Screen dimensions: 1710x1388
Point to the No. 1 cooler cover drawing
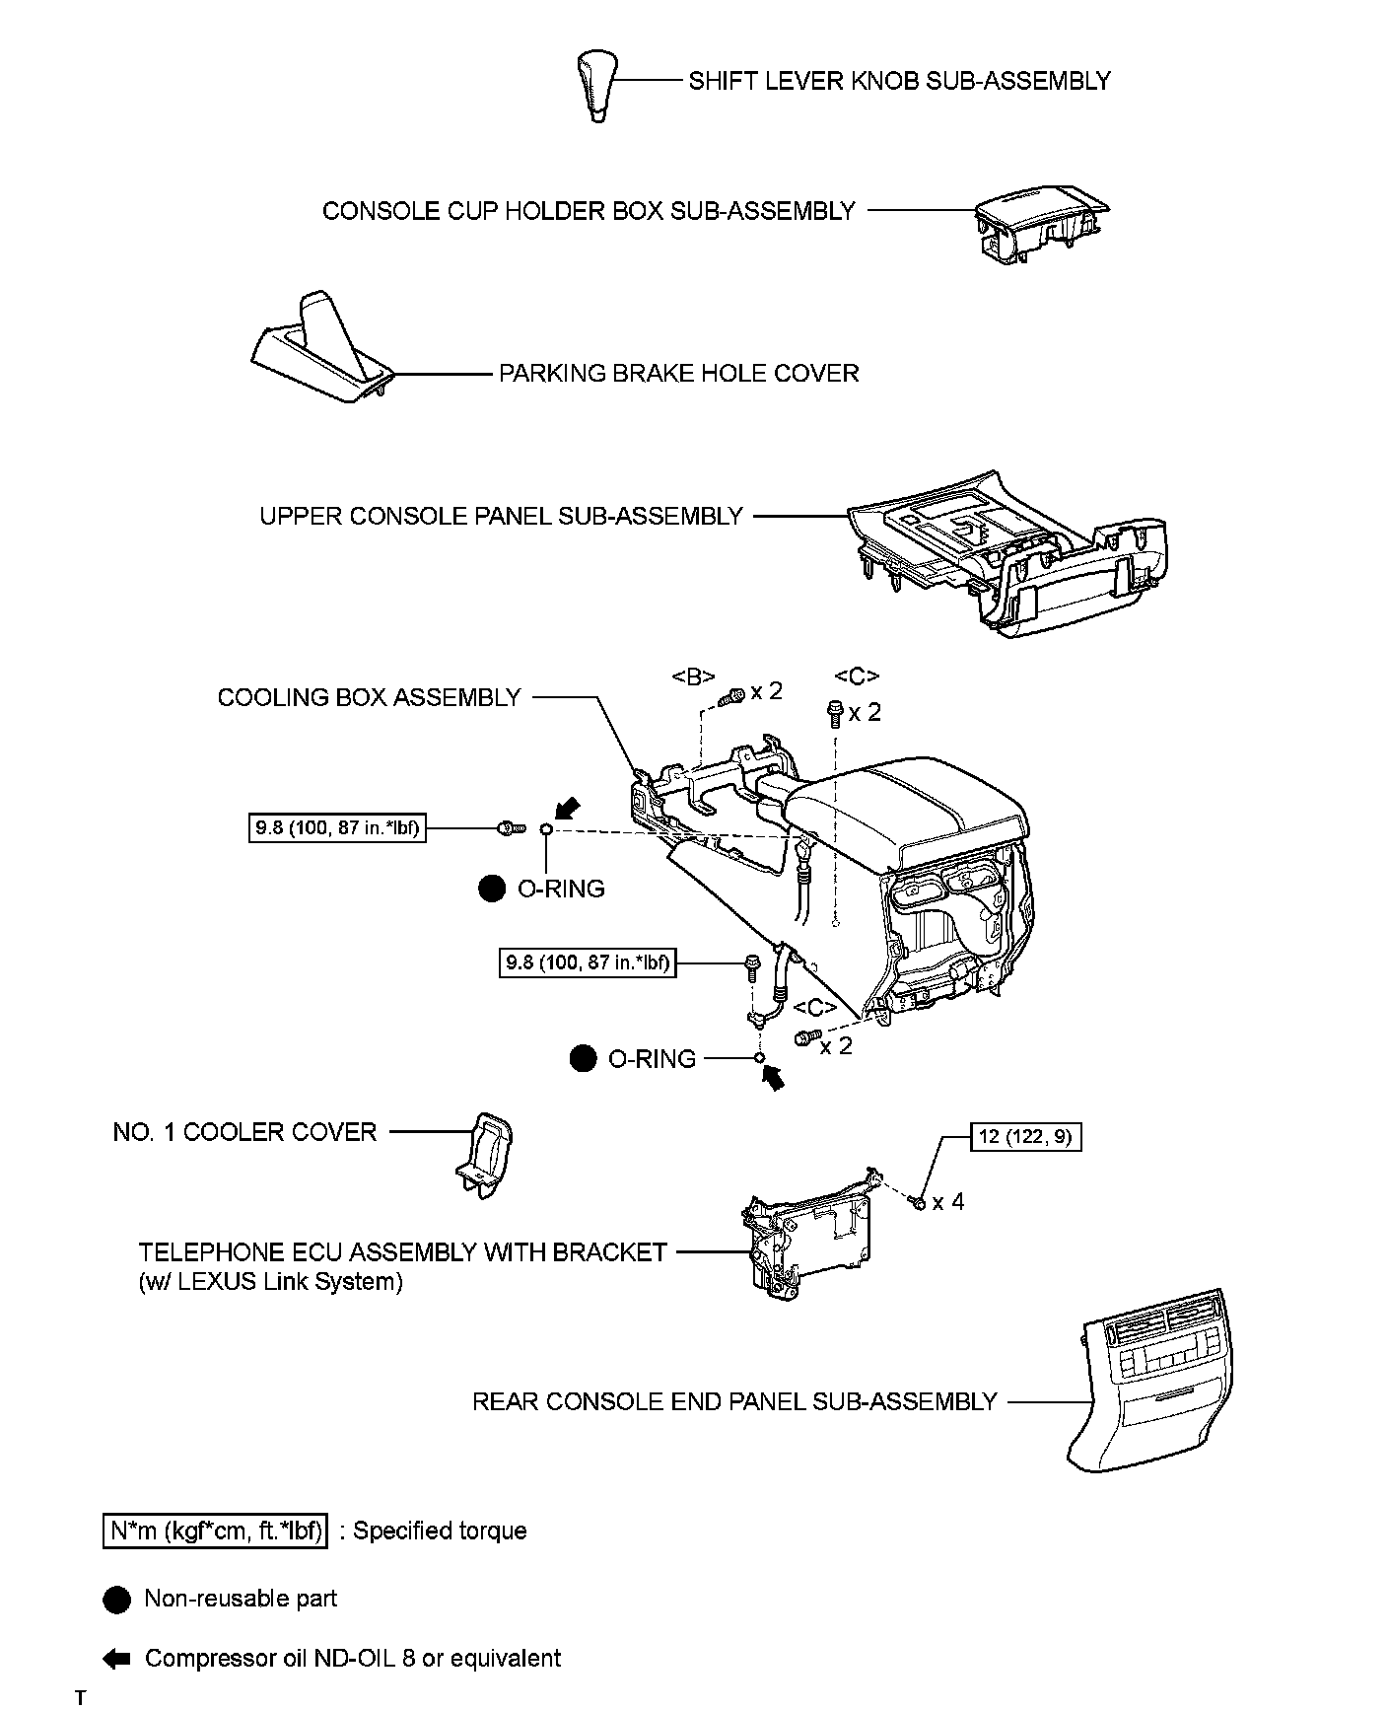(x=486, y=1154)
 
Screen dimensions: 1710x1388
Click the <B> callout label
(x=693, y=677)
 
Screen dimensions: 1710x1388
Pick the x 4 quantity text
(x=948, y=1201)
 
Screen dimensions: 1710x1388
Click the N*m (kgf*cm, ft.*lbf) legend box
(x=215, y=1531)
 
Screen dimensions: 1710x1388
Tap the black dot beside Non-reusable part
(x=116, y=1601)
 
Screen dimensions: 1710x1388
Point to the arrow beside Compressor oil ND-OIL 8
(x=116, y=1659)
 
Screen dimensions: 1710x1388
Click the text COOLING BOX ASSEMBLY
(x=369, y=698)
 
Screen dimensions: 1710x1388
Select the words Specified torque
(x=440, y=1531)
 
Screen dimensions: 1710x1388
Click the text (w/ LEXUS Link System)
(x=271, y=1282)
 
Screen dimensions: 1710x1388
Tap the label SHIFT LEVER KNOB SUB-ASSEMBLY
(x=899, y=81)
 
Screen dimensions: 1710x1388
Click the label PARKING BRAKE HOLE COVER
(x=678, y=374)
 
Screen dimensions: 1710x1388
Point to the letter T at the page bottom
(x=80, y=1697)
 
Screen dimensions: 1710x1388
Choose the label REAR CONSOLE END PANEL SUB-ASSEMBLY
(x=734, y=1401)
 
